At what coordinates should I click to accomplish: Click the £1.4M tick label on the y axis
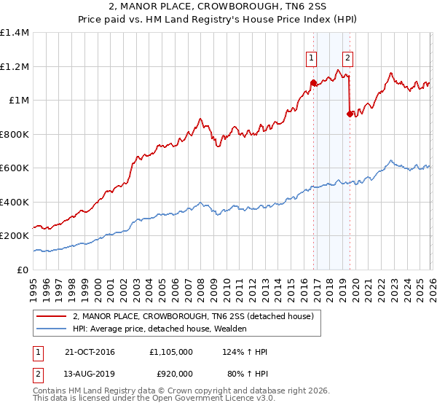click(15, 33)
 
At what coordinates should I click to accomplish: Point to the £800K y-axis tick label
click(15, 134)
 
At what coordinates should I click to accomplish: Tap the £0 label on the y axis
click(22, 270)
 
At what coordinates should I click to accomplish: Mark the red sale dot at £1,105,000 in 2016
click(313, 83)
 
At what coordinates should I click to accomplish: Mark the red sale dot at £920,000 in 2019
click(350, 114)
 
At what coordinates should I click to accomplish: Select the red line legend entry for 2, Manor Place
click(193, 316)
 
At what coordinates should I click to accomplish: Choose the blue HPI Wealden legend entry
click(160, 329)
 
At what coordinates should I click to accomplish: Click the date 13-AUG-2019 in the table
click(88, 375)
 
